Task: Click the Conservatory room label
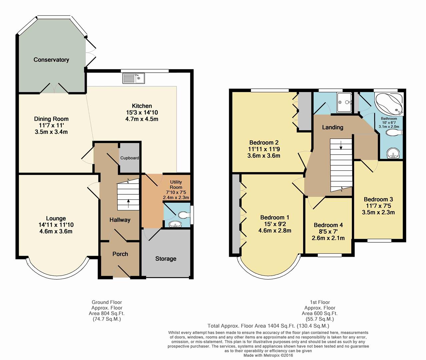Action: (x=51, y=60)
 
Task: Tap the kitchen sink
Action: (x=134, y=78)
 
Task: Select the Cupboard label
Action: (x=130, y=158)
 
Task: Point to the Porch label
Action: (x=120, y=254)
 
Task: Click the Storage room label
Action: (x=166, y=259)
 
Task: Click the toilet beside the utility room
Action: (x=183, y=215)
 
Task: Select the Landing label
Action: (x=333, y=127)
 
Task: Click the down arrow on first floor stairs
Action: (x=341, y=145)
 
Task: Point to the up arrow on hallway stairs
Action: (x=129, y=203)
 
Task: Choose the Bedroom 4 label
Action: (x=328, y=225)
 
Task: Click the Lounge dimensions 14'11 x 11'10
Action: (x=56, y=225)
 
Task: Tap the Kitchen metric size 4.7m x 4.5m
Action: (x=142, y=119)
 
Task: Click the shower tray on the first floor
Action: (x=344, y=103)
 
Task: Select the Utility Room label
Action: (x=176, y=185)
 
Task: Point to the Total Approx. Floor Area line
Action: (x=268, y=326)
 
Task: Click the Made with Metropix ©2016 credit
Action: (x=268, y=355)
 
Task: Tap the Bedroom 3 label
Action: (x=378, y=199)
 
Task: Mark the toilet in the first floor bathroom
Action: (x=394, y=132)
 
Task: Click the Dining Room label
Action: (x=51, y=119)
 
